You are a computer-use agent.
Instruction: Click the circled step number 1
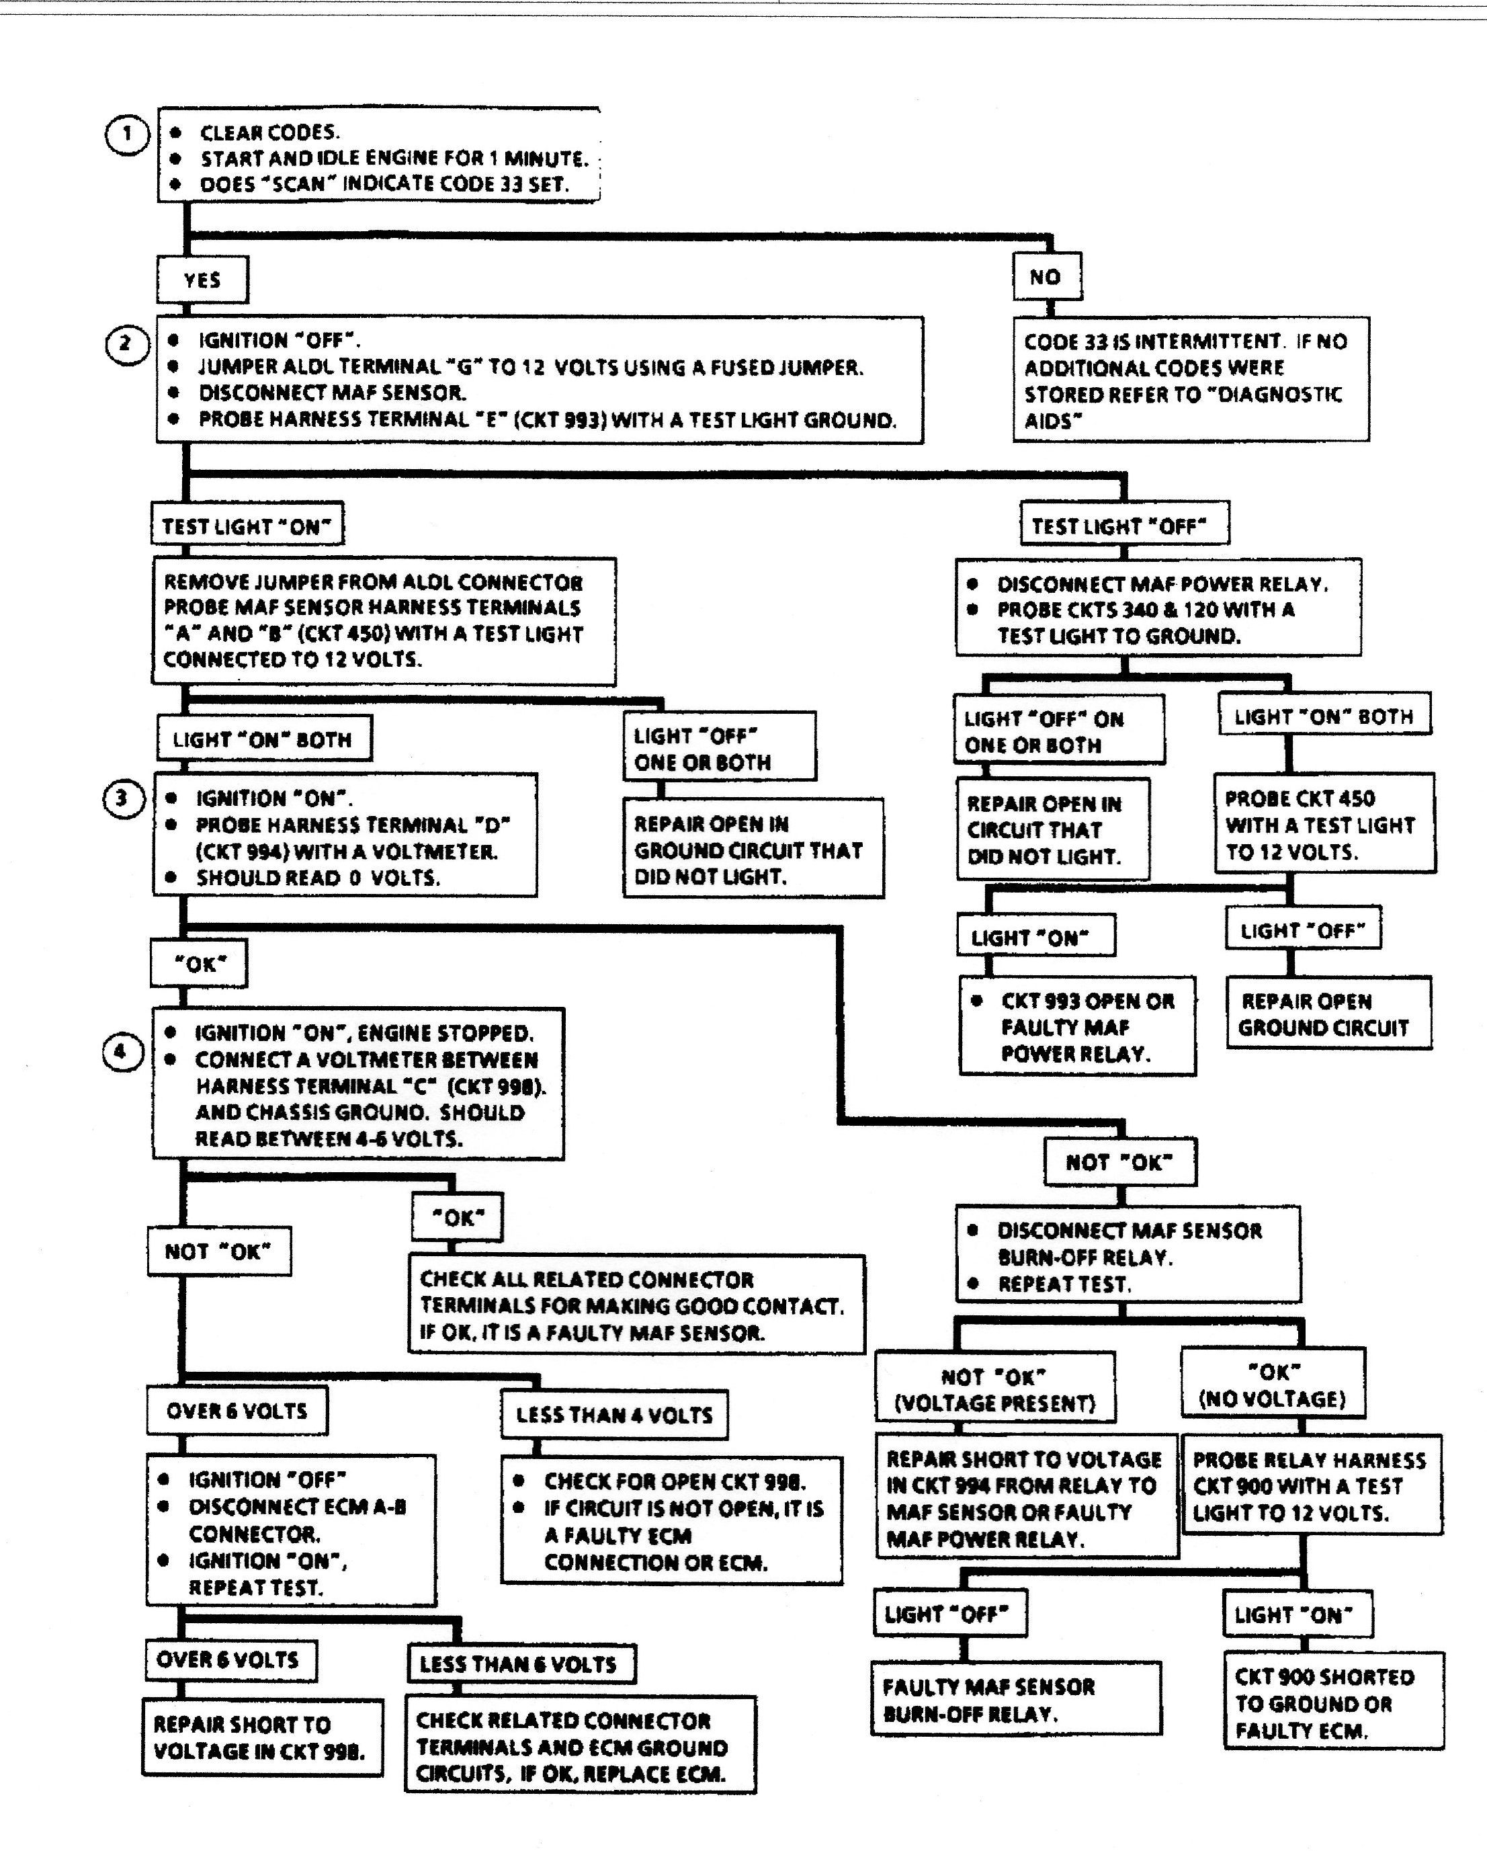tap(127, 135)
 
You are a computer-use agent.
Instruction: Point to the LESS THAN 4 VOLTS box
tap(615, 1415)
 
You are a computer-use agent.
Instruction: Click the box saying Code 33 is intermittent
tap(1190, 380)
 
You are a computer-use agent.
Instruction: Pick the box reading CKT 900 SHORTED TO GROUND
tap(1332, 1703)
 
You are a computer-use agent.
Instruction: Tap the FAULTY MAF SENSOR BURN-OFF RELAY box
tap(1016, 1700)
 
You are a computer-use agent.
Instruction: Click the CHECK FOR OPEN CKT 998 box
tap(671, 1520)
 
